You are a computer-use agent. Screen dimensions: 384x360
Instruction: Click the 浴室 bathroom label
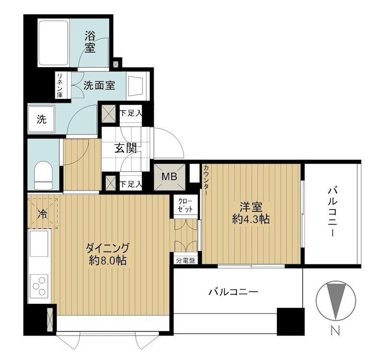[90, 42]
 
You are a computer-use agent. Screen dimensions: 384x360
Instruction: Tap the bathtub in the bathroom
[53, 43]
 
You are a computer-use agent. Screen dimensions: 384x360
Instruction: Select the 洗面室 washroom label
[99, 85]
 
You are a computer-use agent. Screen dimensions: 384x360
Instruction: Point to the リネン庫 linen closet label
[60, 85]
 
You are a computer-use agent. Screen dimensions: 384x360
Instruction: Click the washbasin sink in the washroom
[135, 86]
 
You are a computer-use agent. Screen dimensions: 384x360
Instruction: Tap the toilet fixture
[44, 175]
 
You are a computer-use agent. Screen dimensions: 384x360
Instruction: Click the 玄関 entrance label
[126, 148]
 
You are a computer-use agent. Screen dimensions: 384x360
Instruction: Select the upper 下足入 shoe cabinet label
[131, 113]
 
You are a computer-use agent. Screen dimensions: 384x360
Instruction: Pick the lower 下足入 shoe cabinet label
[131, 184]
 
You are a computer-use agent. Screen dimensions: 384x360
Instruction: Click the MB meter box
[169, 177]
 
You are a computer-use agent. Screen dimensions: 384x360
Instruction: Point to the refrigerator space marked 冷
[43, 214]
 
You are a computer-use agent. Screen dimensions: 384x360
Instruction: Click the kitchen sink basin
[39, 244]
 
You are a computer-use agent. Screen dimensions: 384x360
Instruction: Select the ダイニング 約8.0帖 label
[107, 254]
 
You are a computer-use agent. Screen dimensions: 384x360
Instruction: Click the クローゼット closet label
[185, 205]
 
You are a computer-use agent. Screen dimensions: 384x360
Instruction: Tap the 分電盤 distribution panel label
[186, 261]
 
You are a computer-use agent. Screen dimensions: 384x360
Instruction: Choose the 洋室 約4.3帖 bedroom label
[251, 213]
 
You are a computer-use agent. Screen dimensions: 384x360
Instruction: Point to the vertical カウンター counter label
[206, 180]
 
